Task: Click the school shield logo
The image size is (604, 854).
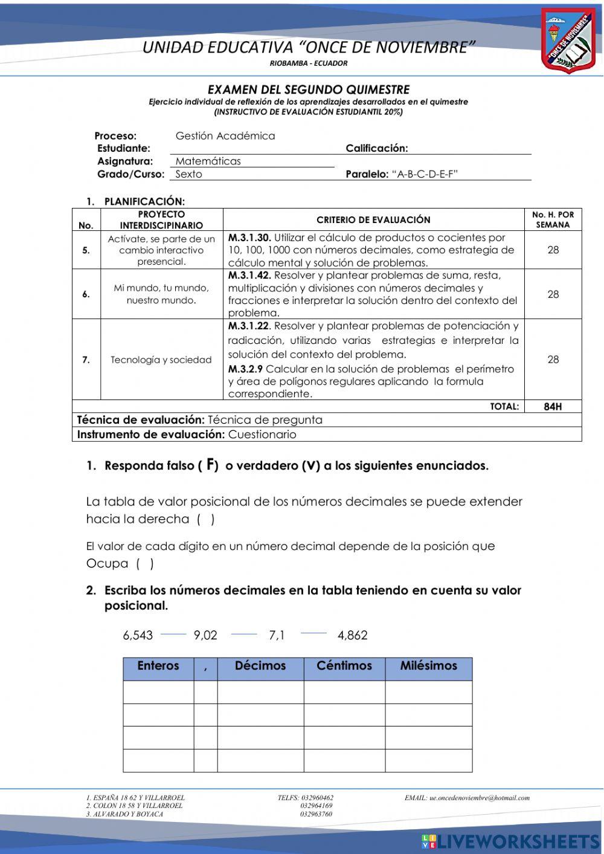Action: [568, 40]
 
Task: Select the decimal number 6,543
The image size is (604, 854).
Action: [138, 635]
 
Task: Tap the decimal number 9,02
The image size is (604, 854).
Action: [205, 635]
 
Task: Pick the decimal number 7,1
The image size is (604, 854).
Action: [277, 635]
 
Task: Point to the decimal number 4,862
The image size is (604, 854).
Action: [353, 635]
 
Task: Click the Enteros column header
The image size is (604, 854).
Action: [158, 666]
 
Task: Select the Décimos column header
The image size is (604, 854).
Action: [260, 666]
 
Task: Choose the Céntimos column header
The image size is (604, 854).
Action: [344, 666]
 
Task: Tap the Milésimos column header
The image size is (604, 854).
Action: [428, 666]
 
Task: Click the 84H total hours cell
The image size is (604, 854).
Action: [553, 407]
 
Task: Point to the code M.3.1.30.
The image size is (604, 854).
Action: [249, 238]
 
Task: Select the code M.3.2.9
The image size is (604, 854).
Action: [245, 369]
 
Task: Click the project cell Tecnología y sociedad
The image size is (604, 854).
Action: [161, 360]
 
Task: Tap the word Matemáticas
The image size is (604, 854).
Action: [208, 161]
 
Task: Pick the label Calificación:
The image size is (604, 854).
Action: [377, 148]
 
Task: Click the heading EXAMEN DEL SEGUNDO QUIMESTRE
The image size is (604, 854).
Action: [309, 90]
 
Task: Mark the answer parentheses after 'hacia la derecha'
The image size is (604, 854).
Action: [205, 519]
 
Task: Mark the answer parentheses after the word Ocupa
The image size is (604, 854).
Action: [144, 564]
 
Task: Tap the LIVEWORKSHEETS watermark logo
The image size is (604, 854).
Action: [510, 841]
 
